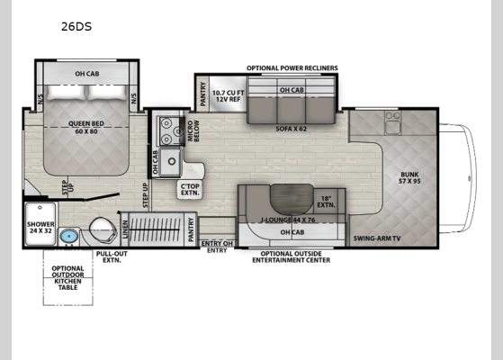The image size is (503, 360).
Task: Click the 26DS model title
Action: coord(77,27)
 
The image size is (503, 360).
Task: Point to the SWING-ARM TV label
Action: coord(376,238)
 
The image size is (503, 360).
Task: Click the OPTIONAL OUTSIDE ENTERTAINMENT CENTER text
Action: coord(290,256)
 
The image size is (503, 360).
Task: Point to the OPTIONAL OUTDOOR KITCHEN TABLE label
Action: coord(68,276)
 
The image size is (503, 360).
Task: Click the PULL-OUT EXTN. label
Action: coord(110,257)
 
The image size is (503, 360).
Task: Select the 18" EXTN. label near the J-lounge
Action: coord(327,202)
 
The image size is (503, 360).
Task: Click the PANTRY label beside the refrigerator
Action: coord(202,93)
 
